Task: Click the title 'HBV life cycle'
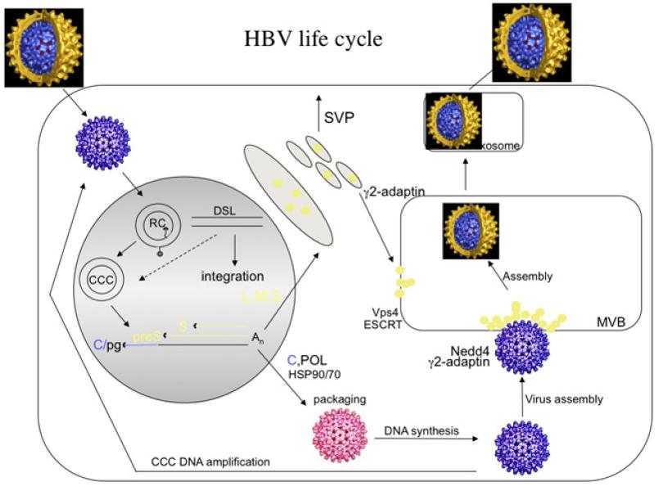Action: coord(314,38)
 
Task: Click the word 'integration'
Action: coord(232,276)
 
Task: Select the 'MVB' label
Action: coord(611,323)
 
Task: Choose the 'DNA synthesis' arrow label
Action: coord(420,430)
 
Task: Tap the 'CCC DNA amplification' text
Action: coord(211,462)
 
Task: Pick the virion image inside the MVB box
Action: coord(470,232)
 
